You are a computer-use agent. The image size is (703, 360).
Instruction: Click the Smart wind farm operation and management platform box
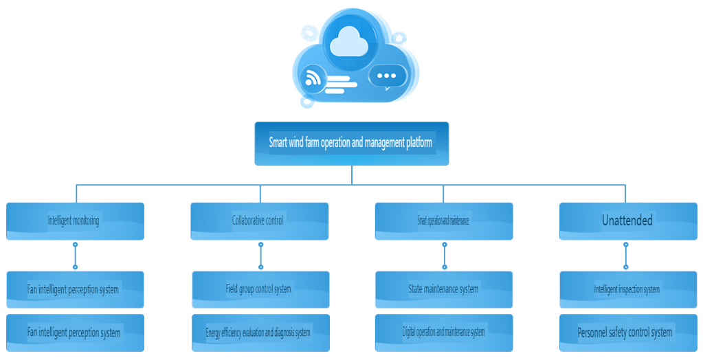351,144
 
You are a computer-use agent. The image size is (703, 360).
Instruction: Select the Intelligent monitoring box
75,221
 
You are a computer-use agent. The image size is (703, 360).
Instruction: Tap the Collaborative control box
259,221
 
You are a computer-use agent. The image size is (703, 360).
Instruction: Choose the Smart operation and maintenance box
444,221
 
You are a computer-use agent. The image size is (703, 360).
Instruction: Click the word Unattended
627,221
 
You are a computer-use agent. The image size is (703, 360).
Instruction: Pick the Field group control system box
260,289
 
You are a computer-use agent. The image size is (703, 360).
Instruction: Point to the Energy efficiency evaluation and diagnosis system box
260,333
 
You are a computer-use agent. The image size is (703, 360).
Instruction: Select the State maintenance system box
444,289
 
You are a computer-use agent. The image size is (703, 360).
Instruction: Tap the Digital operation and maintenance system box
444,333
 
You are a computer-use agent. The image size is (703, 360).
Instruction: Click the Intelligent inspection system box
627,289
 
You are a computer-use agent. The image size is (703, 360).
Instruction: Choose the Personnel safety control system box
627,333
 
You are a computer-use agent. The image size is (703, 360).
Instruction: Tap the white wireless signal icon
313,78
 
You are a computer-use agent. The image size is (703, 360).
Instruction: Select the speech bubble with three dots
387,76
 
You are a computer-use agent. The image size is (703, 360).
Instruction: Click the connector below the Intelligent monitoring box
75,256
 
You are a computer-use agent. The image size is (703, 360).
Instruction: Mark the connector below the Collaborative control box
260,256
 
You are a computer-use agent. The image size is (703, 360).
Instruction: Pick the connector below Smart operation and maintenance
445,256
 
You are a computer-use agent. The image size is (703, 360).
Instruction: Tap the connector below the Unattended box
625,256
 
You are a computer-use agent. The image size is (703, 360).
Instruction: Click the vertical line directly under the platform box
351,175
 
